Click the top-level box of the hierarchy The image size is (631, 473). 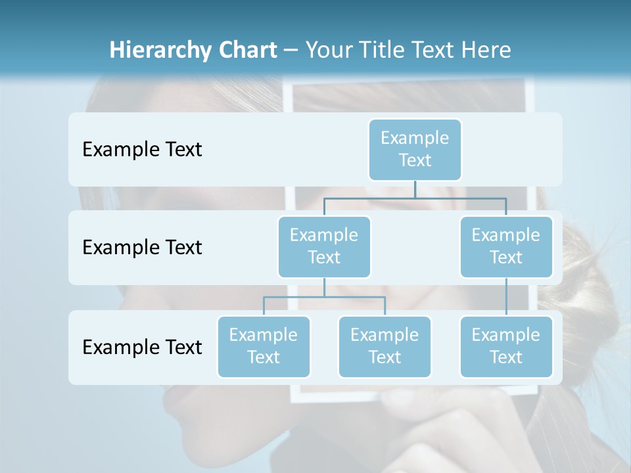[415, 149]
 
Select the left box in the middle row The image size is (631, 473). [324, 246]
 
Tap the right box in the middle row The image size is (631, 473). [506, 246]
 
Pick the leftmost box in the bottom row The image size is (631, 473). [264, 346]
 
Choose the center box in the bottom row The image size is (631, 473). [385, 346]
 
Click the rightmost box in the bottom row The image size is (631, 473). [506, 346]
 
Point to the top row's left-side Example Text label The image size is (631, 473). [142, 150]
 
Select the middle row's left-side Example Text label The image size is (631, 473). [142, 248]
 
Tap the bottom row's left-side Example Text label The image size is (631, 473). [142, 347]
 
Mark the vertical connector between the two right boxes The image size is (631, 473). [506, 297]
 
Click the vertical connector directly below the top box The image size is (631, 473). [415, 189]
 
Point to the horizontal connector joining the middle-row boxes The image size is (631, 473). [415, 198]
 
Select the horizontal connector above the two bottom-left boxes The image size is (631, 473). [324, 297]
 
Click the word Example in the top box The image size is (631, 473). [415, 138]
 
